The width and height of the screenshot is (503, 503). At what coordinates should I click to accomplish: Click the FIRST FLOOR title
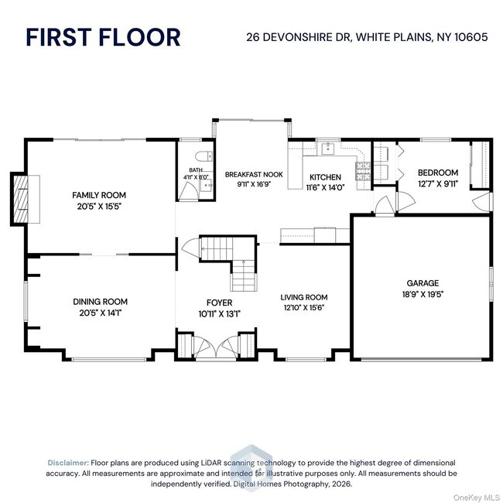pos(103,36)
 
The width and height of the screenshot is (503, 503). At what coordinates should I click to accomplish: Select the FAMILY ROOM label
pos(99,195)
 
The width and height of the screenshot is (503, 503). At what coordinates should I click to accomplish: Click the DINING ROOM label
pos(100,302)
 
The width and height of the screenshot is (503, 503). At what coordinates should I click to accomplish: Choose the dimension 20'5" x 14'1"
pos(100,312)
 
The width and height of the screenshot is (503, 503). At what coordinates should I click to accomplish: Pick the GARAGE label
pos(423,283)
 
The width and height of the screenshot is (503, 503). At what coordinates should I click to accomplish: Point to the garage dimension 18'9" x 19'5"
pos(423,294)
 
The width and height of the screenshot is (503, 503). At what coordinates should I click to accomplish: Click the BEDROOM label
pos(438,173)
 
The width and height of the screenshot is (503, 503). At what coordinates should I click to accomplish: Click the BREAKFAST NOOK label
pos(254,175)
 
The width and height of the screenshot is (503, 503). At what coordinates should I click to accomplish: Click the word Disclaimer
pos(68,460)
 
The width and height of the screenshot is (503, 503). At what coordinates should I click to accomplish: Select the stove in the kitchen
pos(361,169)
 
